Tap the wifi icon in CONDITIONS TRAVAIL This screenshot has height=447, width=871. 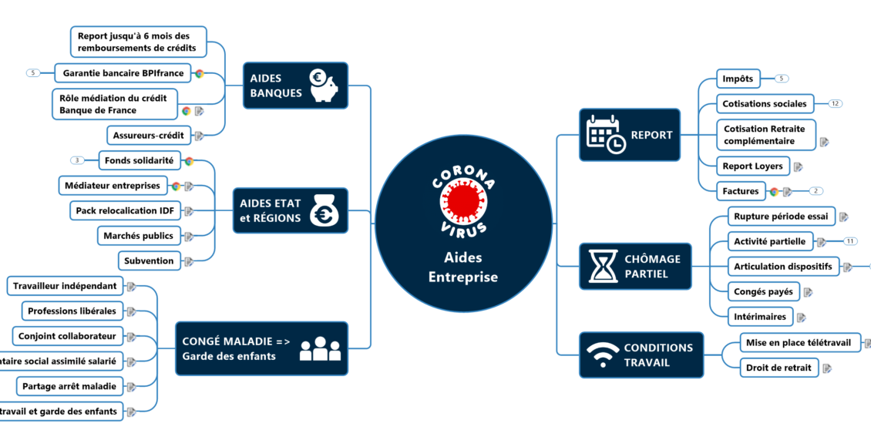[602, 355]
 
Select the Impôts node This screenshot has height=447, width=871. [738, 79]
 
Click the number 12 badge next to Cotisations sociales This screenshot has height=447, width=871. [836, 103]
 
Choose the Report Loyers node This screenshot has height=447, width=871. [752, 166]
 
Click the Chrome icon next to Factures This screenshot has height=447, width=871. [774, 191]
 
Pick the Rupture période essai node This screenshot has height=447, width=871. [780, 217]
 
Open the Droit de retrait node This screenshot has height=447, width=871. [779, 368]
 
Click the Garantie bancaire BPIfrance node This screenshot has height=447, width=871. [123, 73]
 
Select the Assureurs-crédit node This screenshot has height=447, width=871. [148, 136]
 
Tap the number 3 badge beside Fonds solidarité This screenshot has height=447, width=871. [77, 160]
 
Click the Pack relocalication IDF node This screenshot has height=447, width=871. [124, 210]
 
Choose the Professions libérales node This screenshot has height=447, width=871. [72, 311]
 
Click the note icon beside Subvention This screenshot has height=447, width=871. [189, 261]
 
